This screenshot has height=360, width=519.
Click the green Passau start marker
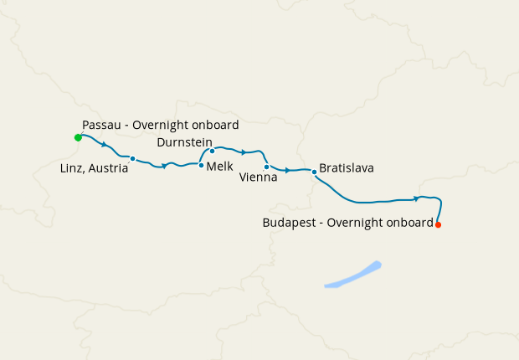(78, 136)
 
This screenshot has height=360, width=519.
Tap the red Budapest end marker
(438, 224)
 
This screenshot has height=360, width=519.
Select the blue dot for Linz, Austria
(132, 158)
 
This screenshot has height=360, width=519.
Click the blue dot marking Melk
(201, 165)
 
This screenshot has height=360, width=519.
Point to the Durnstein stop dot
(212, 151)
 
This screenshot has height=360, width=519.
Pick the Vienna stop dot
(266, 167)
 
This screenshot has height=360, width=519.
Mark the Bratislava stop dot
(314, 172)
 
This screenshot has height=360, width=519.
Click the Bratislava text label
(346, 168)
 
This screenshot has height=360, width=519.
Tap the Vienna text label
(258, 178)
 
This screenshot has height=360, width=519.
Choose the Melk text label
(219, 167)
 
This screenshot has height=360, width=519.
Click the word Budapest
(290, 223)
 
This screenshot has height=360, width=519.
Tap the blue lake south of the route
(353, 275)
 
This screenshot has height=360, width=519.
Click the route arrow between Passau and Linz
(104, 145)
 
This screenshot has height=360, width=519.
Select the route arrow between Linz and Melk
(165, 166)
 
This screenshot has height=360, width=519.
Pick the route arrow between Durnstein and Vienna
(243, 152)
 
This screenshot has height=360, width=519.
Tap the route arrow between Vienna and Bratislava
(287, 170)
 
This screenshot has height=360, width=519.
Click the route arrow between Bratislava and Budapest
(416, 198)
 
